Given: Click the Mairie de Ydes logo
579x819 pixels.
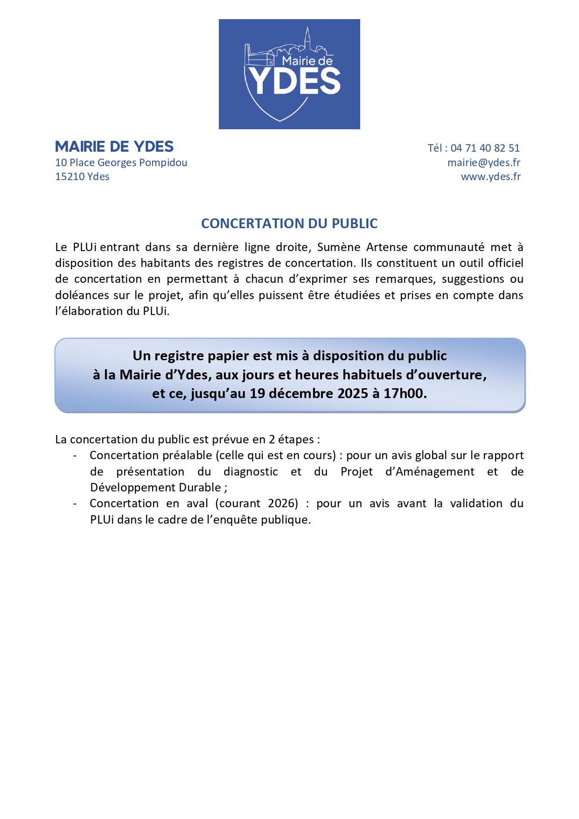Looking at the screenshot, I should point(289,74).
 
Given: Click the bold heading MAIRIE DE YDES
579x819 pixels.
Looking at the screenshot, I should point(114,147).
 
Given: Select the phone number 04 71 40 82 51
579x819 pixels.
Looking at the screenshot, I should point(485,148).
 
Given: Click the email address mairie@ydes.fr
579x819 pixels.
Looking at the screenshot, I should point(483,162).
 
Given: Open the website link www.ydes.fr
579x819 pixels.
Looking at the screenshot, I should point(490,176).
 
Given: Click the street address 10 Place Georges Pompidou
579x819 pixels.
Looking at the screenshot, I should point(121,162).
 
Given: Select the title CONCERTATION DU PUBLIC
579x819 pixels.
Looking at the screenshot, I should point(289,224).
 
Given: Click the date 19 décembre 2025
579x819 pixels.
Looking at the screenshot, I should point(308,393).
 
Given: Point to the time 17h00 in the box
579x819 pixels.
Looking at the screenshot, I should point(405,393).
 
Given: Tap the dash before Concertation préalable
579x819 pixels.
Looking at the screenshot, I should point(75,455).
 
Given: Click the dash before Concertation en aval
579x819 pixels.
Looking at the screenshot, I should point(75,504).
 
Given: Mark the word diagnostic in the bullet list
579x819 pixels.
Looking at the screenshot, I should point(251,472).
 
